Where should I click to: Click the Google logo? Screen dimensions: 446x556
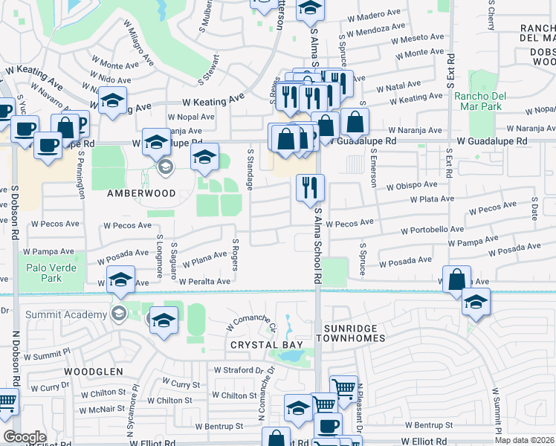25,437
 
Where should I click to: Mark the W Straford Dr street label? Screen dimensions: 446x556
239,369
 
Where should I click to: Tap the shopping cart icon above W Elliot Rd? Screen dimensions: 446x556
343,387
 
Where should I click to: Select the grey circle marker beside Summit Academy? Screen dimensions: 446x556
117,314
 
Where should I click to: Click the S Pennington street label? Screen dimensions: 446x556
81,175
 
